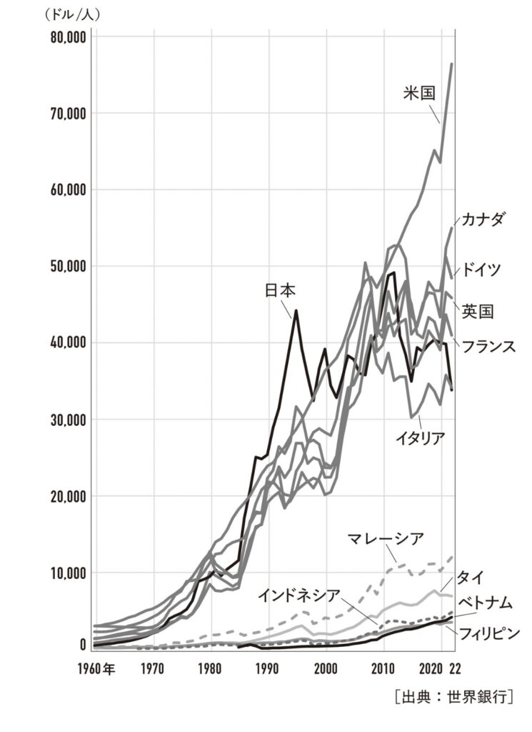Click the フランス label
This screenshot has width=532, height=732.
pos(488,346)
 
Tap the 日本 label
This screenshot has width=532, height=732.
pos(280,291)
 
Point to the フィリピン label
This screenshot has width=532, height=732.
pos(488,633)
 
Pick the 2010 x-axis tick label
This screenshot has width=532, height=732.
pos(383,670)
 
